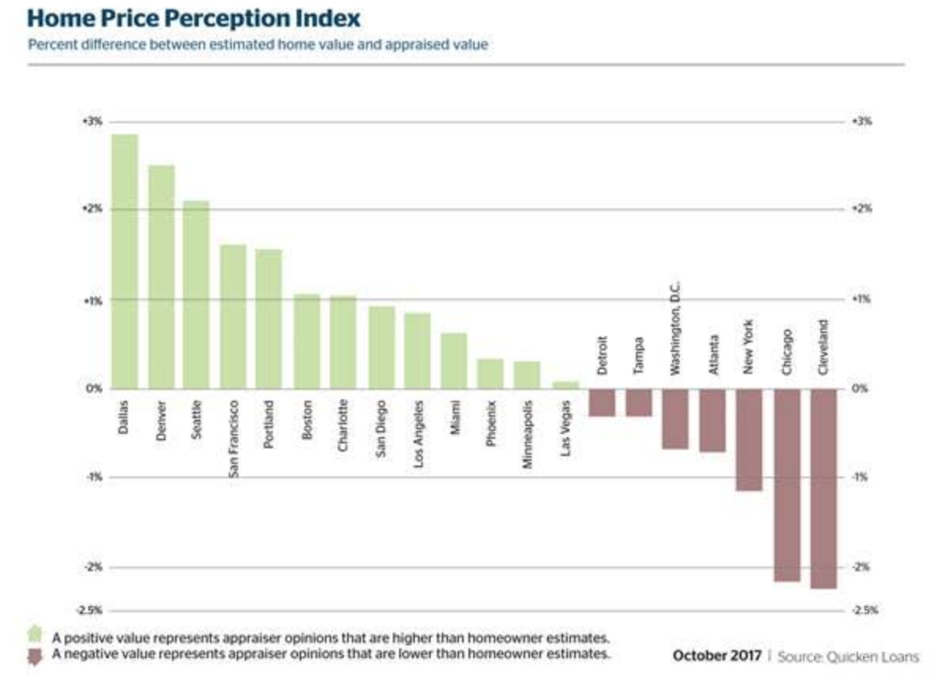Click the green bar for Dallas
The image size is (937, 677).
pyautogui.click(x=125, y=261)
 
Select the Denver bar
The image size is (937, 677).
pyautogui.click(x=162, y=277)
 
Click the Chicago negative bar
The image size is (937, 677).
pyautogui.click(x=787, y=485)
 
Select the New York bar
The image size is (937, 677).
pyautogui.click(x=749, y=439)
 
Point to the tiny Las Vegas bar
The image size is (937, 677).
pyautogui.click(x=566, y=385)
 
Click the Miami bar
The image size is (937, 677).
pyautogui.click(x=454, y=361)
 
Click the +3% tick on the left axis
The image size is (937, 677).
pyautogui.click(x=88, y=122)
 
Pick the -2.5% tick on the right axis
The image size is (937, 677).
pyautogui.click(x=864, y=610)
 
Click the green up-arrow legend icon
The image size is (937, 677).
pyautogui.click(x=34, y=634)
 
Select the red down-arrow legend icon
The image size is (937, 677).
pyautogui.click(x=34, y=656)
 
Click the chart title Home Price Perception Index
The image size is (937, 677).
pyautogui.click(x=192, y=17)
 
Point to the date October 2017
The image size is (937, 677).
pyautogui.click(x=717, y=656)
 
